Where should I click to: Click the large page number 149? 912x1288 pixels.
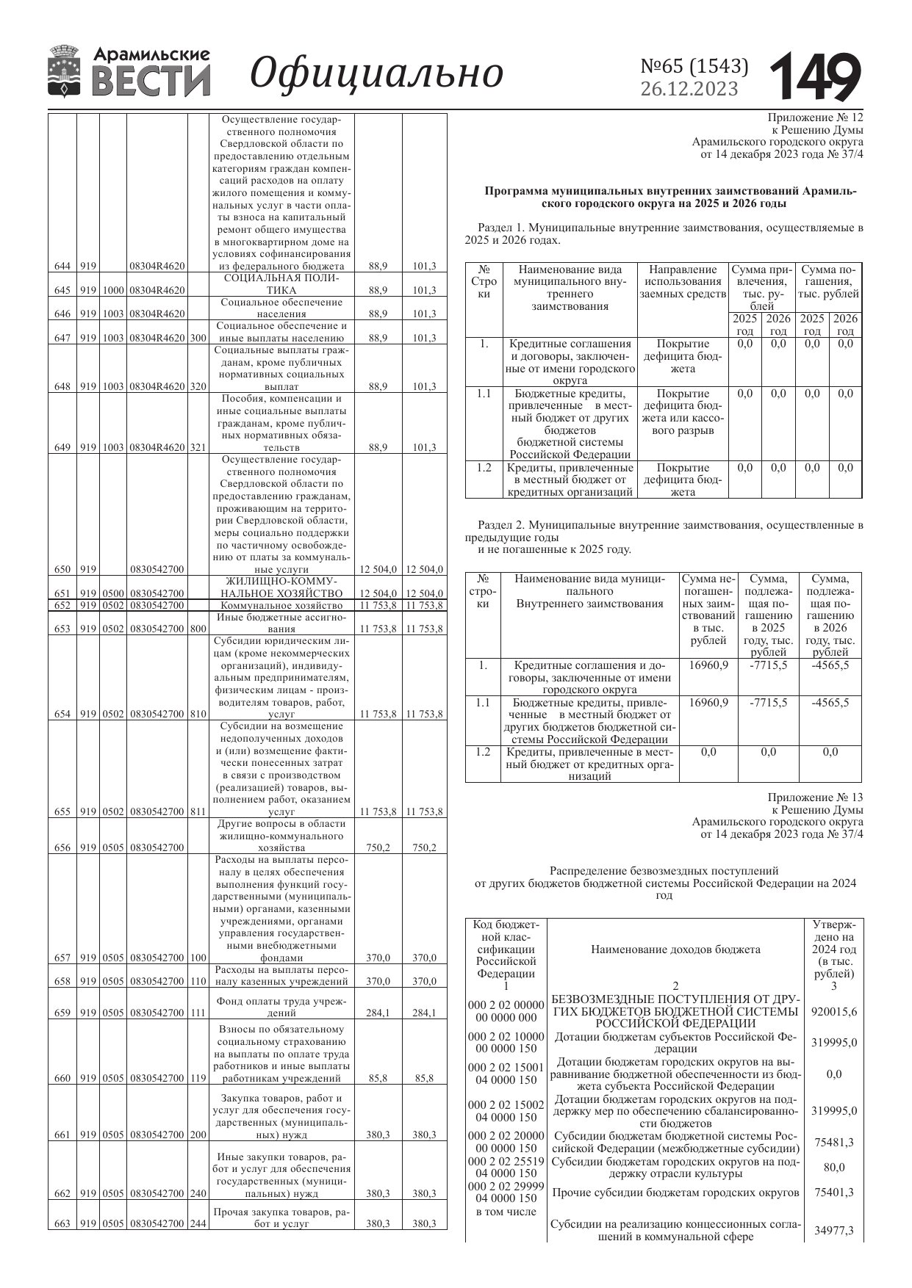click(x=816, y=76)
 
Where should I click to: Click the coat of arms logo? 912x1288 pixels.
click(x=65, y=71)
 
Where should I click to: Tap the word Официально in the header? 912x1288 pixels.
click(x=376, y=73)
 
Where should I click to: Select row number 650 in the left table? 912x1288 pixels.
click(x=62, y=569)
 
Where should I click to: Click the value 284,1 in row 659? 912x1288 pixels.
click(x=378, y=1013)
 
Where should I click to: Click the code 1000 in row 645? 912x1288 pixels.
click(x=112, y=290)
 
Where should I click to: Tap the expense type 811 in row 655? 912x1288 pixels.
click(x=198, y=811)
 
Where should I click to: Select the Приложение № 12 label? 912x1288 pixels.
click(x=815, y=117)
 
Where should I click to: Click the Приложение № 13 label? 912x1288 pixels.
click(x=815, y=797)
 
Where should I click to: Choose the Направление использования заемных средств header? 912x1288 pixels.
click(x=683, y=282)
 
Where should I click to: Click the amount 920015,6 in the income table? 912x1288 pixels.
click(x=833, y=1011)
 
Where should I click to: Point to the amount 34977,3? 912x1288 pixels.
click(x=833, y=1231)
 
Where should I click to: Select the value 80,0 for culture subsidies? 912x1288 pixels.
click(x=834, y=1168)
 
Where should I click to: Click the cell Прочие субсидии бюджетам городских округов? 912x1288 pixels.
click(x=675, y=1193)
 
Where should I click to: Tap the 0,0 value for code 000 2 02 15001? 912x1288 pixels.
click(x=834, y=1074)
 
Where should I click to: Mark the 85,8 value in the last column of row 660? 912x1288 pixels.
click(x=423, y=1079)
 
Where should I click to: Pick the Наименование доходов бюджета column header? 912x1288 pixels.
click(x=675, y=949)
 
